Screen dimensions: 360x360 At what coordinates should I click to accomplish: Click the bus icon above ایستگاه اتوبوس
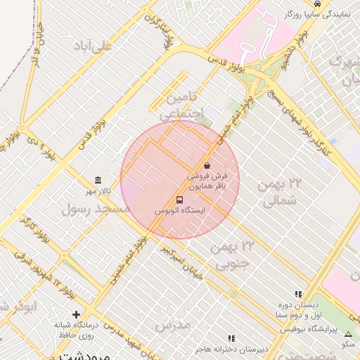coord(179,199)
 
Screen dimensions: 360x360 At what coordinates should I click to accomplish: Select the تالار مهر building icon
coord(98,181)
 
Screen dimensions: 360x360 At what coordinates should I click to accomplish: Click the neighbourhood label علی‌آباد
coord(96,46)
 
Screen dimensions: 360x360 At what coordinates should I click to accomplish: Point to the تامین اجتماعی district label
coord(181,103)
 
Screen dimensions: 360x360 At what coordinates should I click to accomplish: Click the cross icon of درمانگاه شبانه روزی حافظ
coord(77,314)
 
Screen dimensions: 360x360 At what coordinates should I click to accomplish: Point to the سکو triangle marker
coord(349,335)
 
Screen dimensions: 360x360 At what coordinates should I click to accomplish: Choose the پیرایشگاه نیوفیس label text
coord(309,329)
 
